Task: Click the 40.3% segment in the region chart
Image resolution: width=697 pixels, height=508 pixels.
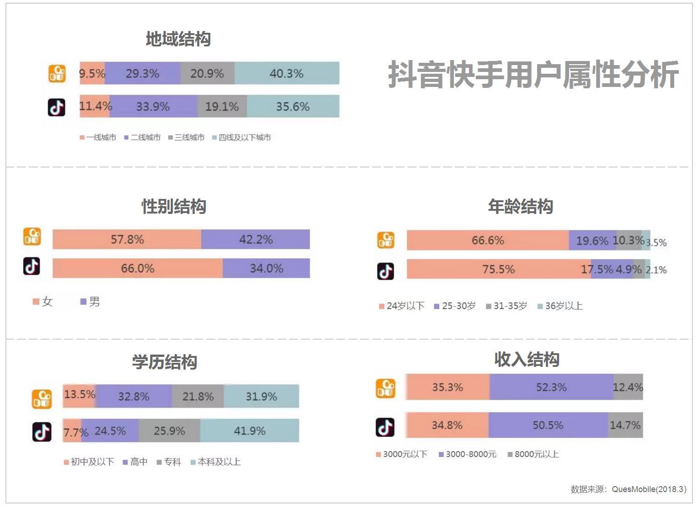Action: pos(287,73)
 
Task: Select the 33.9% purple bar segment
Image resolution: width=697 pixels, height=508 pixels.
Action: pos(153,107)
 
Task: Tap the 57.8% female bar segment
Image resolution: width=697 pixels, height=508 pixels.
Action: pos(127,239)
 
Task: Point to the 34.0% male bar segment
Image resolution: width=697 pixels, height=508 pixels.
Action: pos(266,268)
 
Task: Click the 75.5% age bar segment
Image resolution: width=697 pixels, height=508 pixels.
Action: pos(499,269)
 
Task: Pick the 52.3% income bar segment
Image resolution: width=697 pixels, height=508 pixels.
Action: pos(551,387)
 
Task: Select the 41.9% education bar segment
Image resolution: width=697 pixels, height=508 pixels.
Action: pos(249,431)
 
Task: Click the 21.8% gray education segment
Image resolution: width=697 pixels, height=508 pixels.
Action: pos(198,396)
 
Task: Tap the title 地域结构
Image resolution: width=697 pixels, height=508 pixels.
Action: pos(178,39)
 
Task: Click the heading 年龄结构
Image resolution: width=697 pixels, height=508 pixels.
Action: pos(520,206)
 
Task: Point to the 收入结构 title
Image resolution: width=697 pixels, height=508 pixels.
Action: pos(527,359)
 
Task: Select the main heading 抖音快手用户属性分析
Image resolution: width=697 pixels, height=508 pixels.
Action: pos(533,75)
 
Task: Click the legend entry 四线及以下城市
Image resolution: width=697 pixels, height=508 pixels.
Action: pos(244,137)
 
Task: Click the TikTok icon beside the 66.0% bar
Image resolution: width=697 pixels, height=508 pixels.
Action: pos(32,267)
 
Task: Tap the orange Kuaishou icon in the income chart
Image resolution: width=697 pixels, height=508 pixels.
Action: pos(386,389)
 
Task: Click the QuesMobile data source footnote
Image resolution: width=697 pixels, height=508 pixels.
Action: pos(628,489)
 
